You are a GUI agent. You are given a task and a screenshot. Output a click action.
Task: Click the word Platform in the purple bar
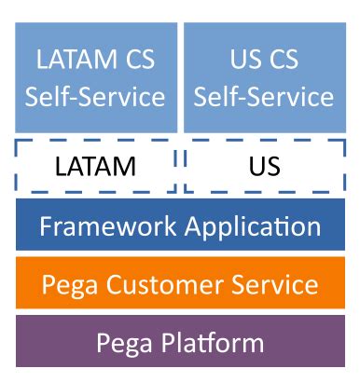(215, 343)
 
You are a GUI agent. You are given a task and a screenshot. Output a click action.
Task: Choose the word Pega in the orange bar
(71, 283)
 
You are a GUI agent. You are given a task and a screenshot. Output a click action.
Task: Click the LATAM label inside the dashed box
(95, 167)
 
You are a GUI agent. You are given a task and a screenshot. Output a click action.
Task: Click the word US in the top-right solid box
(247, 61)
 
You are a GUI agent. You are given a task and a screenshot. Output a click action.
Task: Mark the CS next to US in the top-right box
(287, 61)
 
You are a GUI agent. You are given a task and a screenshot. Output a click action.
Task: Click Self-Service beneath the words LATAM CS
(96, 96)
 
